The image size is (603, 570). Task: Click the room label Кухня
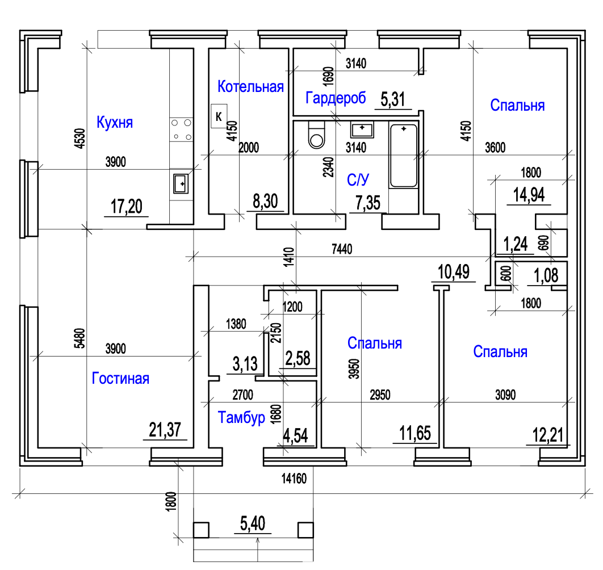[115, 122]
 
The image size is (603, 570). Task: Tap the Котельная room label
[250, 87]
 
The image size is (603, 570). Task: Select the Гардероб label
[335, 99]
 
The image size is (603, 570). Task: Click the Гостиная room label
[120, 378]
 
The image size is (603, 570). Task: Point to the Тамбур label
[242, 418]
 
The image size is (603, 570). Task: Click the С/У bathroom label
[358, 181]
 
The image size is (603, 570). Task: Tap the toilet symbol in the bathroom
[315, 135]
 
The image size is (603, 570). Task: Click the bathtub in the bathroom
[403, 156]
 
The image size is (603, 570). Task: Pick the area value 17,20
[126, 207]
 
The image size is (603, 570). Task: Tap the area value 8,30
[266, 201]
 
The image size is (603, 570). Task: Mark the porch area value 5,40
[252, 523]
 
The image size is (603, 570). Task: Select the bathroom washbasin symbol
[362, 129]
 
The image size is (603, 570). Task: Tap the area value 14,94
[529, 194]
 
